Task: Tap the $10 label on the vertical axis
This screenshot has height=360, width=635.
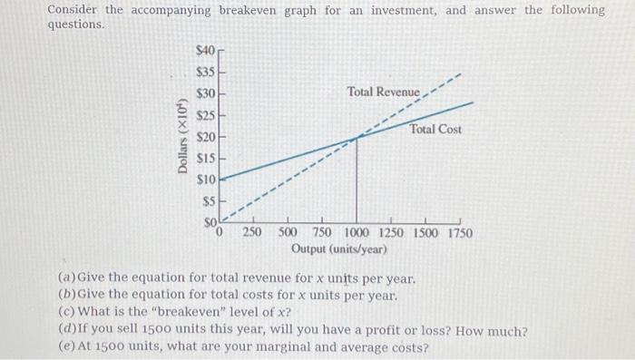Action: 206,180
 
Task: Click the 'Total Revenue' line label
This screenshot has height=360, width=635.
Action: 384,92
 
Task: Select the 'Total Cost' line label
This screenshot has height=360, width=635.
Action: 435,130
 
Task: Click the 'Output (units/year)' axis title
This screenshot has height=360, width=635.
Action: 339,248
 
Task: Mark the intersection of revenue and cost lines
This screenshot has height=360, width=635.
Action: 357,138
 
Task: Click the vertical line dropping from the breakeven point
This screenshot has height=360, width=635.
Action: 357,181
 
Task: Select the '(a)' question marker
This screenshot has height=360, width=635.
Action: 65,277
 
